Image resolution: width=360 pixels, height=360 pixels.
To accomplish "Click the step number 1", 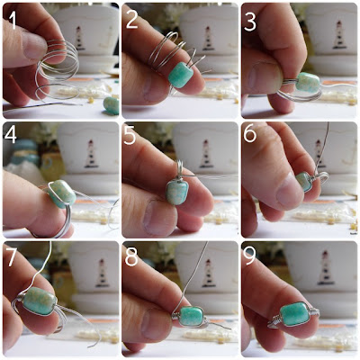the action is (12, 20).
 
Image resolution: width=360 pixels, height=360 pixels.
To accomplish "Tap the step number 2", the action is (131, 20).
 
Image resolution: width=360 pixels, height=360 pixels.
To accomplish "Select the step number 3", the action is (249, 21).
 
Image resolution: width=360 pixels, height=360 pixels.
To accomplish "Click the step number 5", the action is (130, 136).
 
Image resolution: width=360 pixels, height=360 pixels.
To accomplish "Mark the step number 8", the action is (131, 257).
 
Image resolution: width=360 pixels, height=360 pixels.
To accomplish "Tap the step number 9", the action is (250, 257).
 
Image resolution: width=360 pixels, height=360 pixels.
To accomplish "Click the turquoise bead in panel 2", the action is (180, 75).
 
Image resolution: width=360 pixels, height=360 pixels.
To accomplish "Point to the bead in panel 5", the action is (177, 193).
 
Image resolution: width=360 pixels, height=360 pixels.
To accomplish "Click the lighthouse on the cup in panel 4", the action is (92, 153).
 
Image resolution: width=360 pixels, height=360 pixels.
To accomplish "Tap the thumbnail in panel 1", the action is (34, 44).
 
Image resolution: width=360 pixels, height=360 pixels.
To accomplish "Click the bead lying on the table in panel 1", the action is (111, 105).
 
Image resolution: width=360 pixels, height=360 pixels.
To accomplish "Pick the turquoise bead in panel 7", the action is (40, 301).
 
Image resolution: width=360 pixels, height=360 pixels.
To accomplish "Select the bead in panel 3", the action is (308, 82).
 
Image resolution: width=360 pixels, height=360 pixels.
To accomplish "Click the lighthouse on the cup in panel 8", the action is (209, 274).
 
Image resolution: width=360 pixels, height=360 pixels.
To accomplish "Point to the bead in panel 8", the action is (191, 316).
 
